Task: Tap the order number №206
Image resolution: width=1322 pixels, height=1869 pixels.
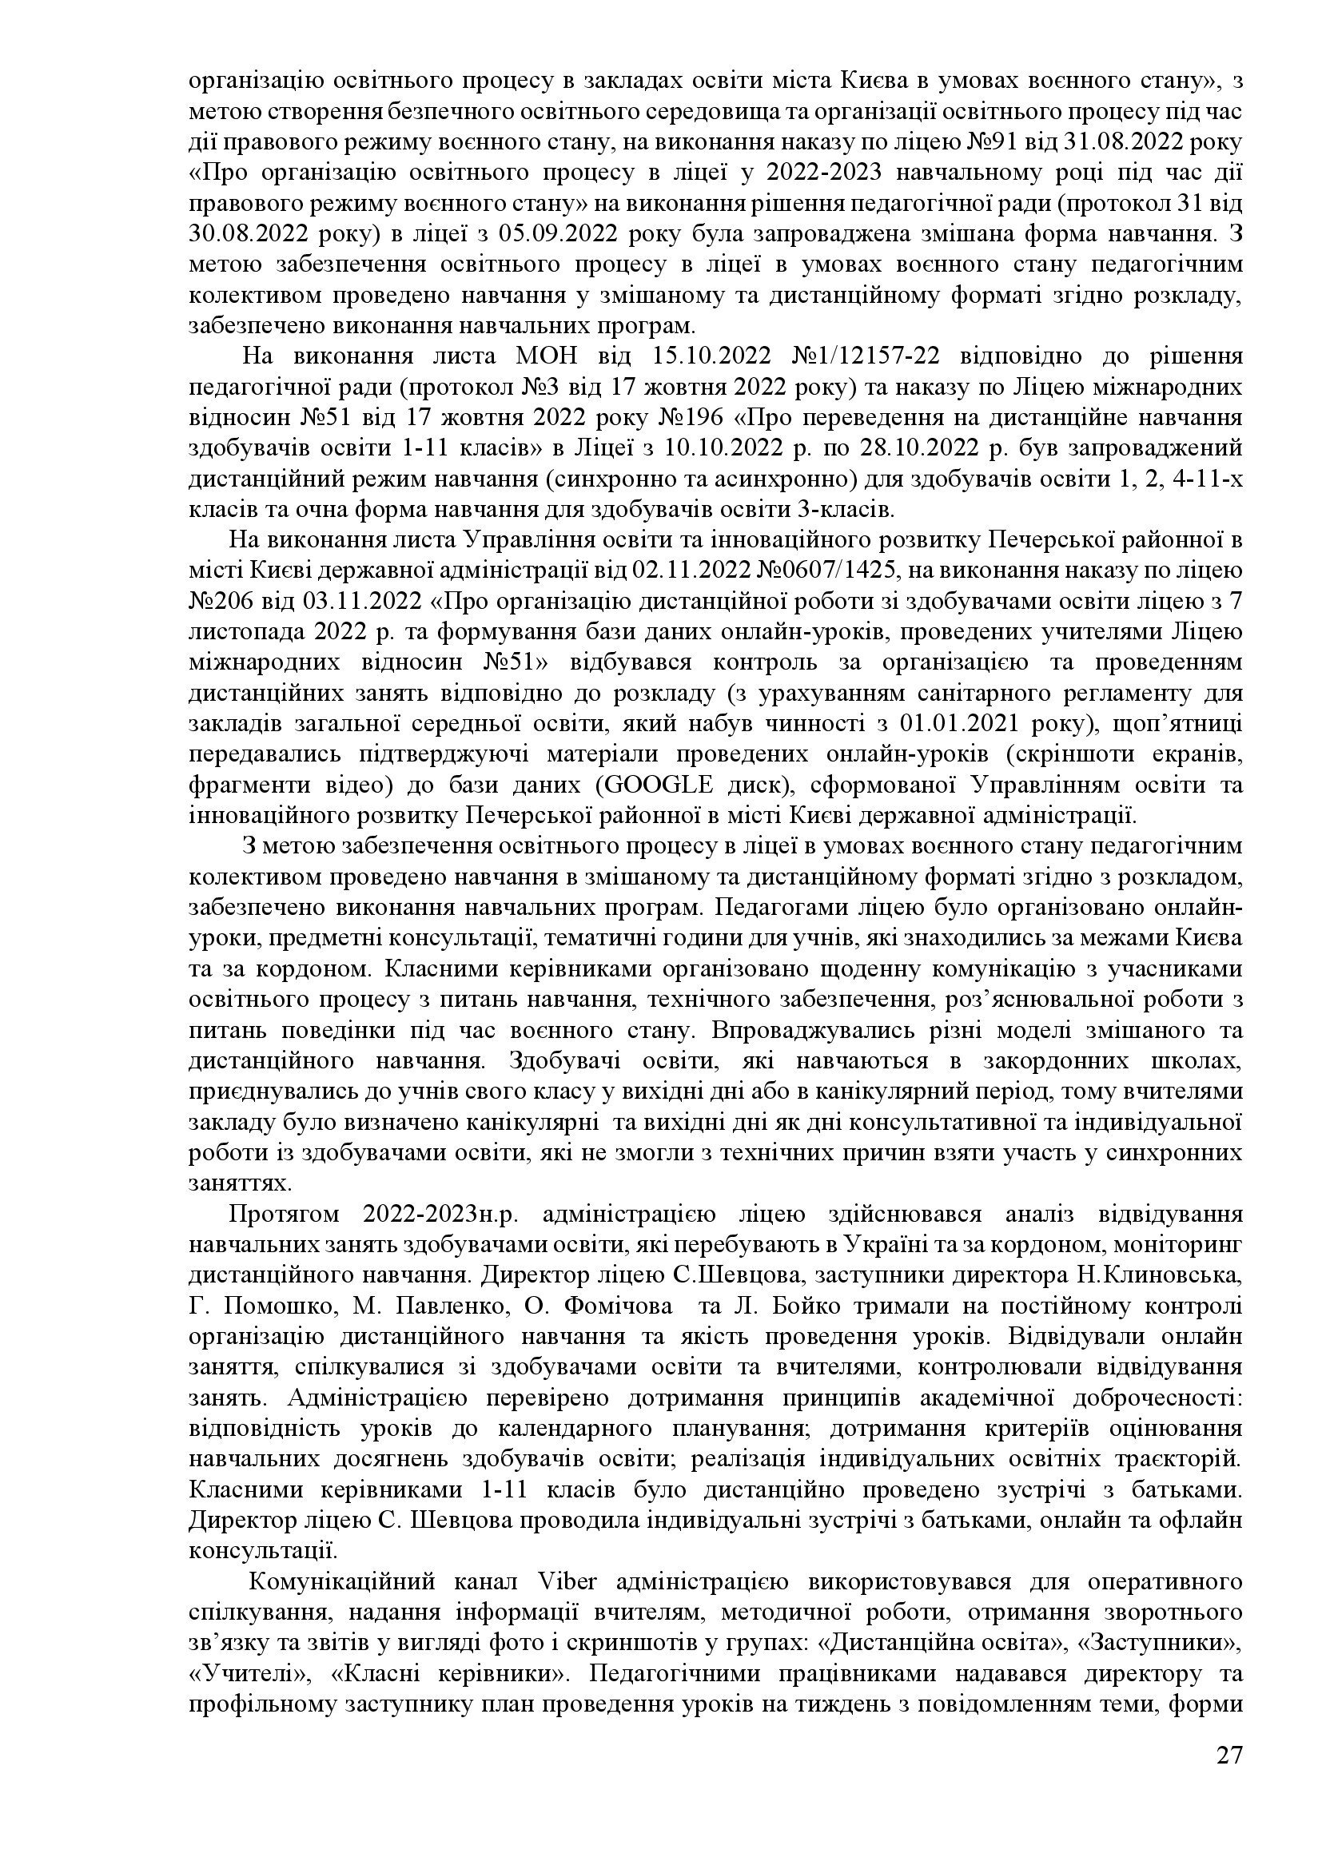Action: (218, 601)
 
